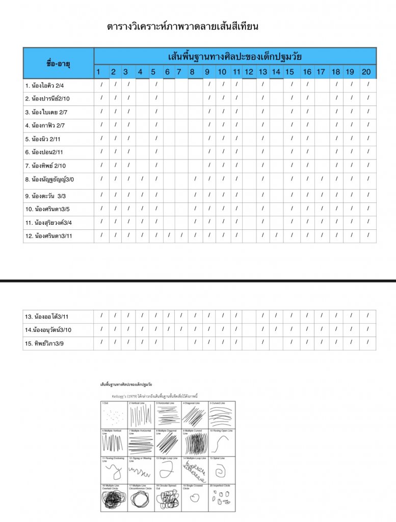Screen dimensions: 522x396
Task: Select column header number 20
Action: tap(366, 72)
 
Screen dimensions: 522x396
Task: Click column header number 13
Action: tap(262, 72)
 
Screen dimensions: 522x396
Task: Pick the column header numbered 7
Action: tap(179, 72)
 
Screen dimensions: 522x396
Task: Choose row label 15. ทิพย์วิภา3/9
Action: tap(44, 344)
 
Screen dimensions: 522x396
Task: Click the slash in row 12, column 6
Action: tap(168, 235)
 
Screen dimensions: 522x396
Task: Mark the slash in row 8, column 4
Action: tap(142, 179)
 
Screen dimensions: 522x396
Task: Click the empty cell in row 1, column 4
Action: tap(142, 85)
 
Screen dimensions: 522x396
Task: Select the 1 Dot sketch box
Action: tap(114, 415)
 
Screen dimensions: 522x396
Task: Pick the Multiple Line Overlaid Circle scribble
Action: tap(114, 500)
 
